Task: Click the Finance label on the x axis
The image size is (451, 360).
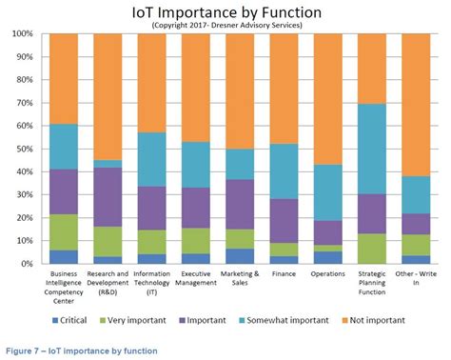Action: (x=284, y=272)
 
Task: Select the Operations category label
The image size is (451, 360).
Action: (x=328, y=272)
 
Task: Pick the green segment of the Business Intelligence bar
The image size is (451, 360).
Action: (x=65, y=232)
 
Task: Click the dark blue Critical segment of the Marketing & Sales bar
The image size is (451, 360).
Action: (x=240, y=256)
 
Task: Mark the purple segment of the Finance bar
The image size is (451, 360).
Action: (x=284, y=221)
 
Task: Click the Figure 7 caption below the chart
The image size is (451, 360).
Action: (x=81, y=351)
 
